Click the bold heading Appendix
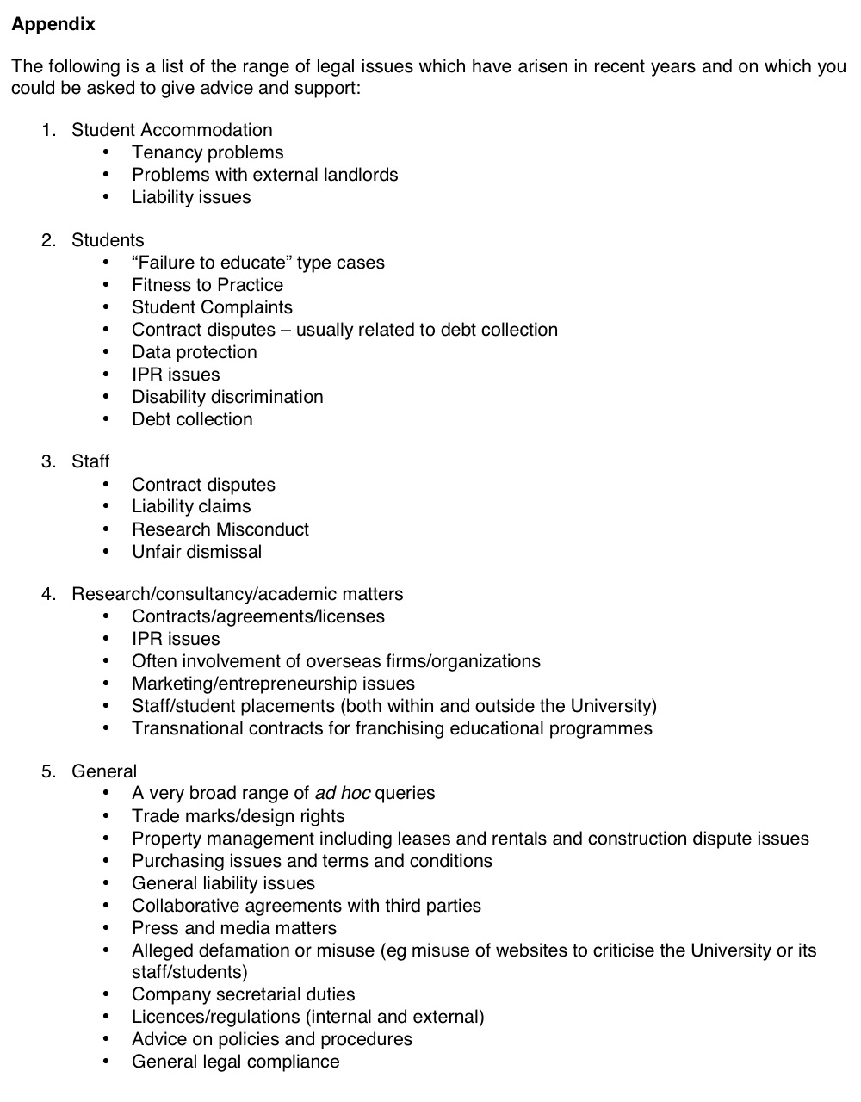click(53, 24)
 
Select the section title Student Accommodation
click(171, 130)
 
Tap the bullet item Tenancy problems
click(208, 152)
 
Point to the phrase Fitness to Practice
click(208, 285)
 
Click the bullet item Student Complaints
click(212, 307)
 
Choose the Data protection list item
click(194, 352)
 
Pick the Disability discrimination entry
click(227, 397)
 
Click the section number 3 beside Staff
click(47, 461)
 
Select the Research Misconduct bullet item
click(220, 529)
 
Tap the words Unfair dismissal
click(196, 552)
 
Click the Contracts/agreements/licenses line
click(257, 616)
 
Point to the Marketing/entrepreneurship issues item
click(273, 684)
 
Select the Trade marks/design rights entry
click(238, 816)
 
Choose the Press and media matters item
click(233, 928)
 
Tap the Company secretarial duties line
click(243, 994)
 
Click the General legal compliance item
click(235, 1062)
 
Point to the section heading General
click(104, 771)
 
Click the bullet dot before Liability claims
click(106, 507)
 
